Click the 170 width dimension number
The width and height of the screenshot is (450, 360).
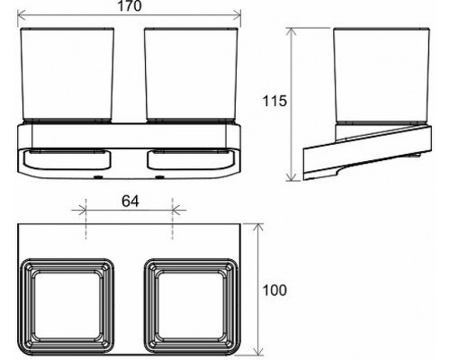(x=130, y=7)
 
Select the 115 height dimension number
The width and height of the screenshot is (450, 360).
(x=275, y=101)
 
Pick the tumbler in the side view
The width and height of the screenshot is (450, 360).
(x=373, y=76)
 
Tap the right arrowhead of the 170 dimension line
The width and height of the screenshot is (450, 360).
(x=240, y=15)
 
